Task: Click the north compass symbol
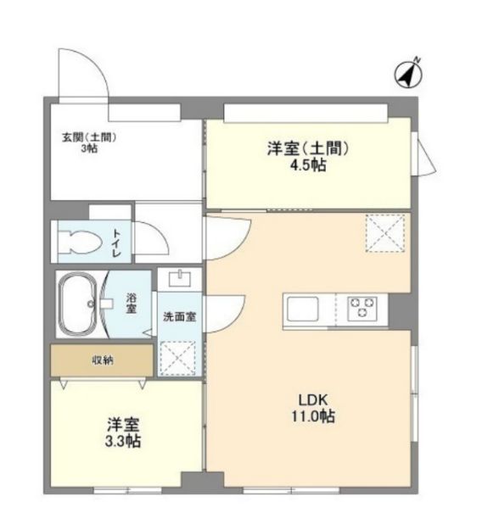(x=408, y=74)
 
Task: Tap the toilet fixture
(x=81, y=242)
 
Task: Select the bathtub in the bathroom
(x=77, y=304)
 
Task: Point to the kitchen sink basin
(x=303, y=309)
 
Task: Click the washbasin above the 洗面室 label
(x=180, y=278)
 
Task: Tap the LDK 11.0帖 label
(x=313, y=408)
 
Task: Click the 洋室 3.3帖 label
(x=123, y=433)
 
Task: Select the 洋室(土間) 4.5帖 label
(x=308, y=156)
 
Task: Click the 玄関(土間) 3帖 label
(x=89, y=143)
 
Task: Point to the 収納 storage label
(x=103, y=360)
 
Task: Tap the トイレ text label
(x=116, y=242)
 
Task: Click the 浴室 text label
(x=131, y=303)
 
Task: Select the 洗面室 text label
(x=180, y=316)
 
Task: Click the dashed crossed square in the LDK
(x=385, y=233)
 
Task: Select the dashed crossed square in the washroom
(x=178, y=359)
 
